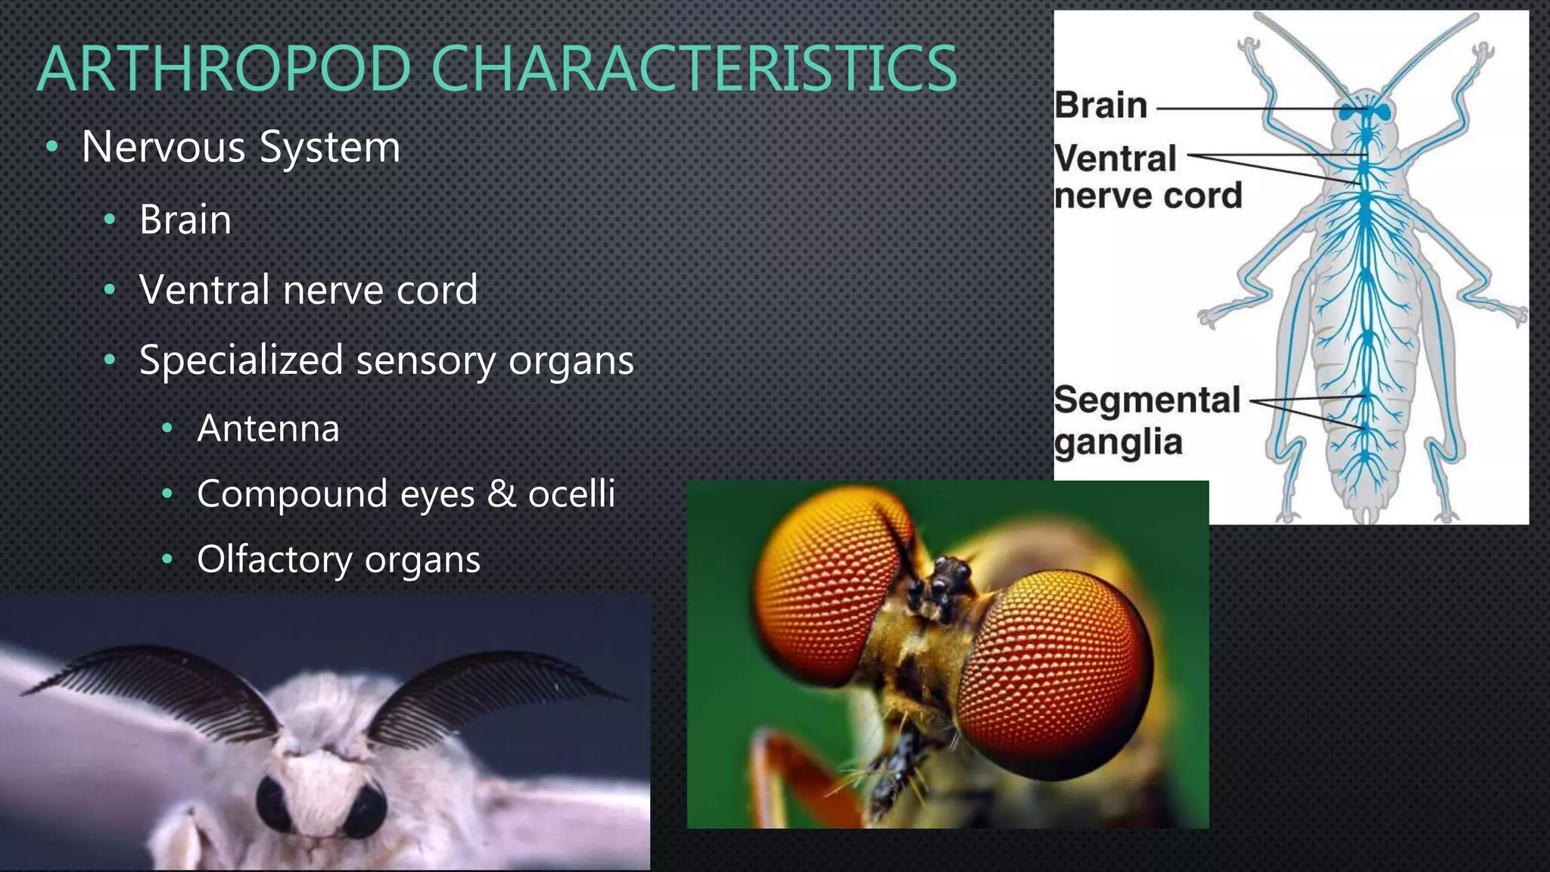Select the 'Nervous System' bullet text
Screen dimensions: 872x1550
point(241,146)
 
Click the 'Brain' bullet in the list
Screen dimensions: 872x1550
point(185,220)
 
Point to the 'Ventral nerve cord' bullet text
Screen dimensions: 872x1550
point(308,290)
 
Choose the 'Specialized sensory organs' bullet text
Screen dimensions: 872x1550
point(386,360)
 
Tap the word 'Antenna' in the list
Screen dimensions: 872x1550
point(268,428)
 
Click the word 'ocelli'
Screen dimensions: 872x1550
point(571,494)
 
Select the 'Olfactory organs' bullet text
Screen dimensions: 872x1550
point(338,560)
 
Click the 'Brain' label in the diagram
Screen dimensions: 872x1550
point(1101,105)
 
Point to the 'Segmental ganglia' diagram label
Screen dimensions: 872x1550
point(1146,421)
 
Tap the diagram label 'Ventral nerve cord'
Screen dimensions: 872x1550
point(1147,177)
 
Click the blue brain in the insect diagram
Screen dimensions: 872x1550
point(1366,112)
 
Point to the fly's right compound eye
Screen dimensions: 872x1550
point(1056,666)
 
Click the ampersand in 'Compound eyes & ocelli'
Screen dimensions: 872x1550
point(501,494)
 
